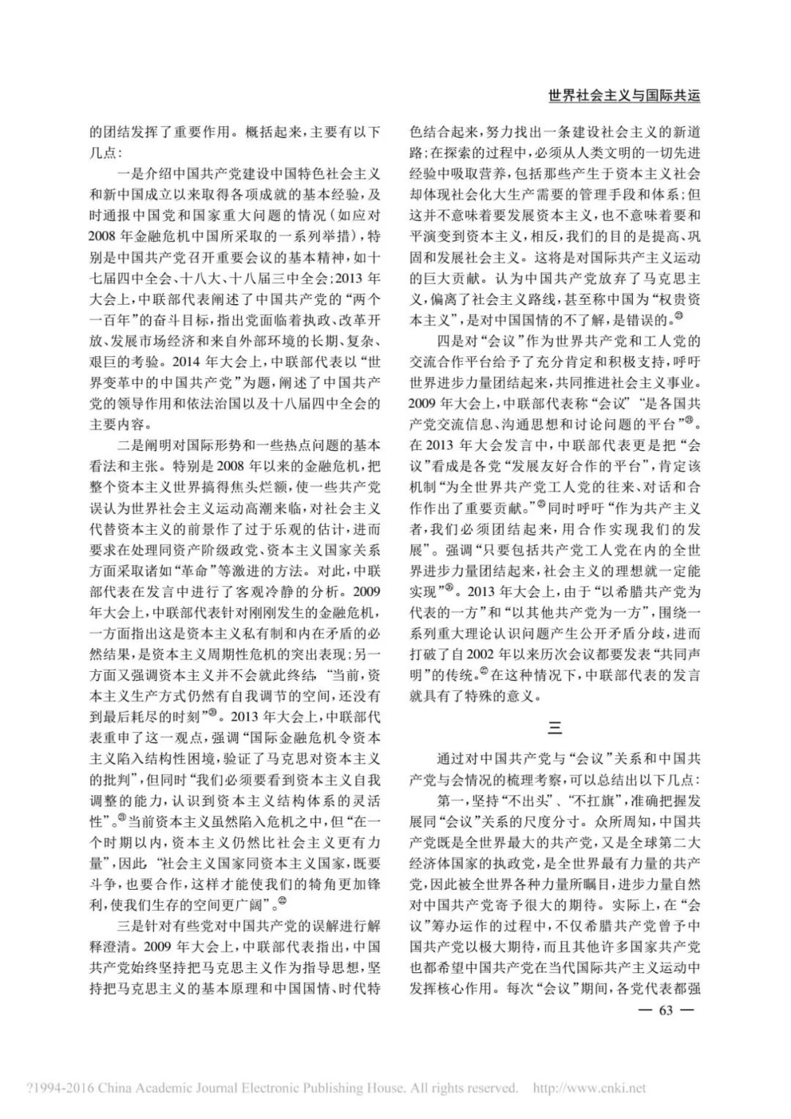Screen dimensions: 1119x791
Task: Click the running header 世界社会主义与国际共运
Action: (623, 95)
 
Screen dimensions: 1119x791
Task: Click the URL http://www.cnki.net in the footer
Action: (590, 1088)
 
